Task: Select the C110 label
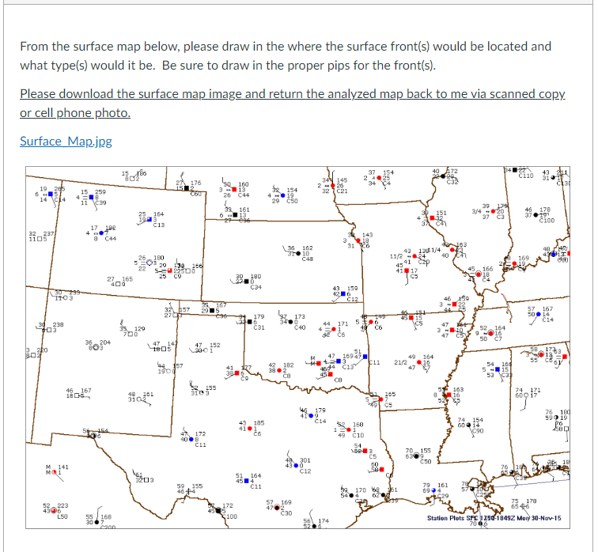click(x=526, y=176)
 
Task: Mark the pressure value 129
click(x=138, y=328)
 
